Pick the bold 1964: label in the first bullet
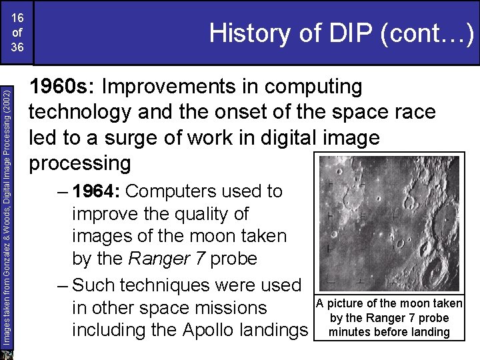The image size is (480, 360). tap(96, 191)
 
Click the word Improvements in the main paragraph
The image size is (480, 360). tap(183, 87)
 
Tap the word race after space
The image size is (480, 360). tap(411, 112)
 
